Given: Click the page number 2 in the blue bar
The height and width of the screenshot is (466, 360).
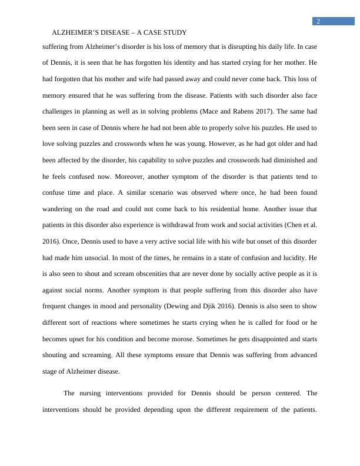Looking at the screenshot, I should (x=318, y=21).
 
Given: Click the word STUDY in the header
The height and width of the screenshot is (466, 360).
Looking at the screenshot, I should (x=174, y=33).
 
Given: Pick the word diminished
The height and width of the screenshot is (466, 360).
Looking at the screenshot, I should (x=291, y=160).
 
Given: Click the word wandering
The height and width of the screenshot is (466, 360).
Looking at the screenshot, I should (x=62, y=209).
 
